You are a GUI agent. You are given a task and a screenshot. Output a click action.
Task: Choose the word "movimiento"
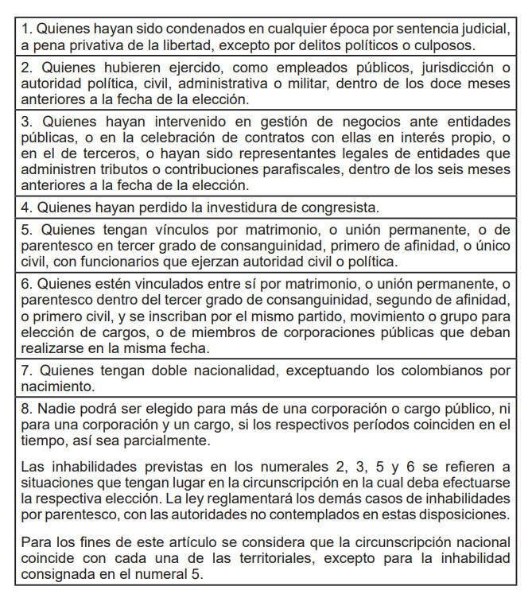coord(349,316)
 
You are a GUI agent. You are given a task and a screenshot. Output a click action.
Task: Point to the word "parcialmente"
coord(165,441)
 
